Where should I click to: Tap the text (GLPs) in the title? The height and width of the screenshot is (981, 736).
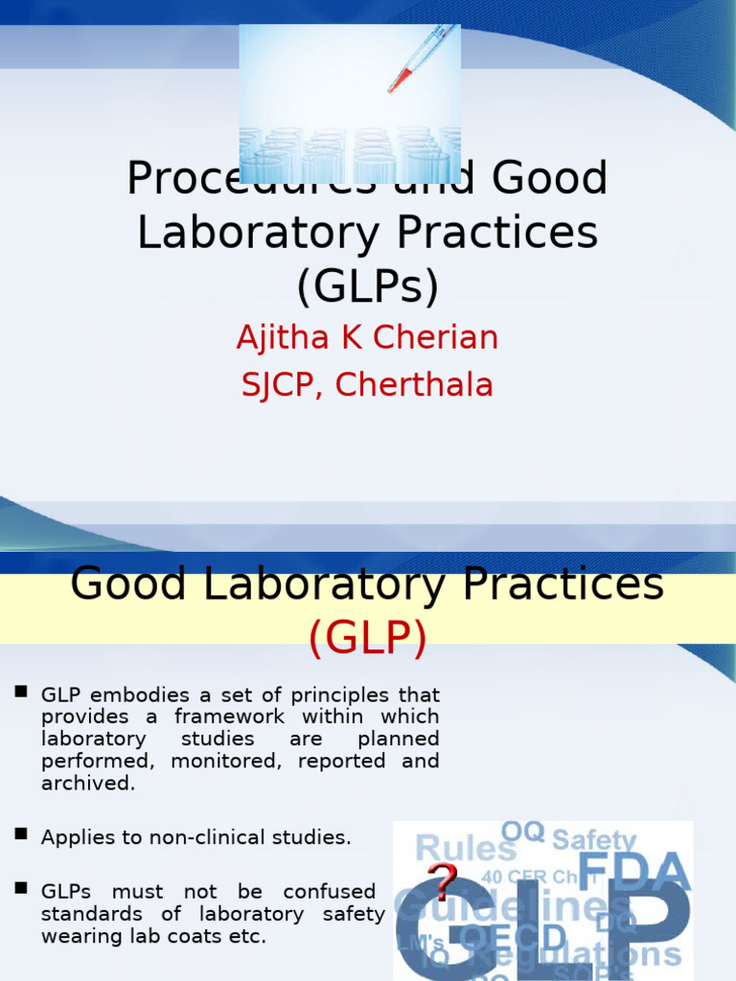coord(367,285)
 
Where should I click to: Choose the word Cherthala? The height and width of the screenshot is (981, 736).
coord(415,384)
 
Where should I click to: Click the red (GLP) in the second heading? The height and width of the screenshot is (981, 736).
coord(367,639)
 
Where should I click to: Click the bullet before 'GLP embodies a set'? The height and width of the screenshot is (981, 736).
coord(21,692)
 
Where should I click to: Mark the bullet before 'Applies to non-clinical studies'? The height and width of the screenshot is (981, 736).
coord(21,834)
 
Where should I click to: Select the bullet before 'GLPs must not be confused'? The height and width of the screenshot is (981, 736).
coord(21,889)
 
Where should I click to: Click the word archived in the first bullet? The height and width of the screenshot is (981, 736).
coord(85,783)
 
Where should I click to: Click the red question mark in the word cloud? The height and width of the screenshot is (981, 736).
coord(442,879)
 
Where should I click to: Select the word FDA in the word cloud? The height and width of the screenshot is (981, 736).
coord(634,872)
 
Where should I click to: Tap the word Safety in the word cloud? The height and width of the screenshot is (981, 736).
coord(594,840)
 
